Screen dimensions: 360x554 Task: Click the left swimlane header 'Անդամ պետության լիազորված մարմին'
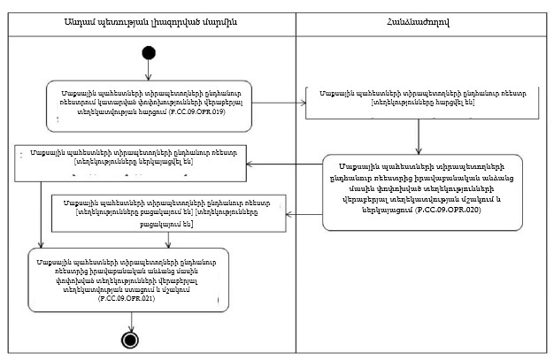coord(148,21)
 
